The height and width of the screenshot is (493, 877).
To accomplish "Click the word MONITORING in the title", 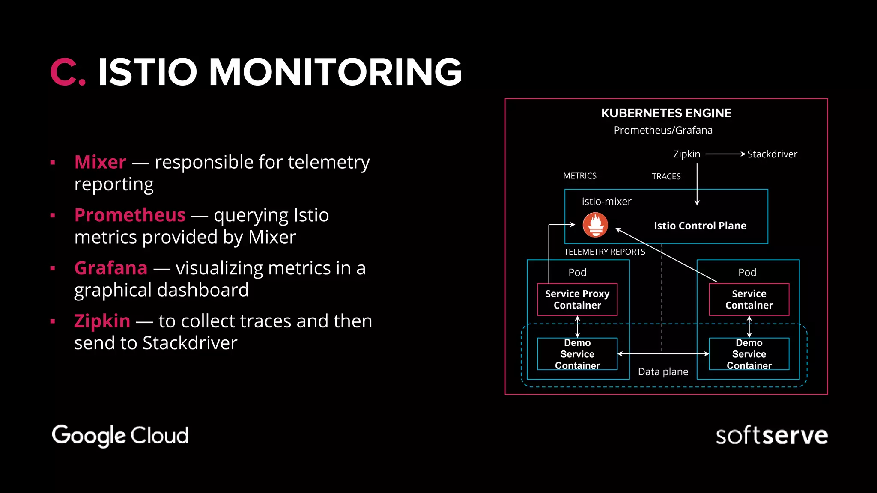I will tap(335, 72).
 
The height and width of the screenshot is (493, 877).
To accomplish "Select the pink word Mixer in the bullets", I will tap(100, 162).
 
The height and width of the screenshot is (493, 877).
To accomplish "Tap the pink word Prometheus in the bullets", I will tap(130, 215).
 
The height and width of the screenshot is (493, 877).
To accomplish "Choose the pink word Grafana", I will tap(111, 268).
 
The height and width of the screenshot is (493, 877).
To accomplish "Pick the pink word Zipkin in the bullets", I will tap(102, 321).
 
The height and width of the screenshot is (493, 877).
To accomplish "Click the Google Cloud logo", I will tap(120, 435).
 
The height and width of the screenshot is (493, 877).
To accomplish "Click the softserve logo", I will tap(771, 435).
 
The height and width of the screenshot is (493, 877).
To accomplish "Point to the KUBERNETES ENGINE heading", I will tap(666, 113).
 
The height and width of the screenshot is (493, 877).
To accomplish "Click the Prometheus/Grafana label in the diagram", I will tap(663, 130).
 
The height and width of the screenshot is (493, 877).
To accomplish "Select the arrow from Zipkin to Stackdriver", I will tap(725, 154).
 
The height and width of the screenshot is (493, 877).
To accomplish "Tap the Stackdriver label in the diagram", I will tap(772, 154).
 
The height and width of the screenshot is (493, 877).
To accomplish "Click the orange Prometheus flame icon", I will tap(595, 225).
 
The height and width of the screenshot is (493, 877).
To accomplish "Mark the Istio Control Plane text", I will tap(700, 226).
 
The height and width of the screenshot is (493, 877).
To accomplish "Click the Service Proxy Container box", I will tap(577, 299).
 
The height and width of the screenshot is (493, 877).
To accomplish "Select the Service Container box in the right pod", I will tap(749, 299).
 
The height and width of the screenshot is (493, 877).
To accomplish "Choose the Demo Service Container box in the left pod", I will tap(577, 354).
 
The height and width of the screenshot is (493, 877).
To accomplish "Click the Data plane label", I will tap(663, 371).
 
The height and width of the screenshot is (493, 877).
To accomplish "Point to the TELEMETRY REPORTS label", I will tap(604, 252).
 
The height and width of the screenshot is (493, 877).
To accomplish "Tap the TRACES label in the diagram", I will tap(666, 176).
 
